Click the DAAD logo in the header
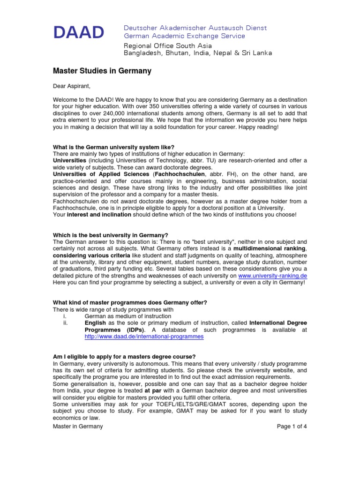coord(78,32)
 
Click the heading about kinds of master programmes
coord(129,302)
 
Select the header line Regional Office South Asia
coord(167,45)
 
